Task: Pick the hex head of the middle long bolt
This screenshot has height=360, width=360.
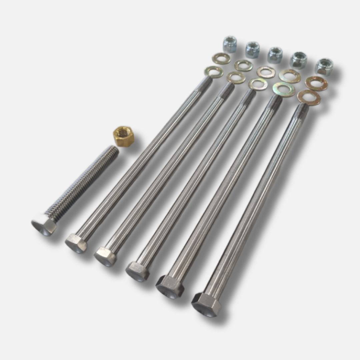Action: (137, 271)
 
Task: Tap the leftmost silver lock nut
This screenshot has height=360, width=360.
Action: (230, 45)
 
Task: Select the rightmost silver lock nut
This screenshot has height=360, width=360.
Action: (324, 67)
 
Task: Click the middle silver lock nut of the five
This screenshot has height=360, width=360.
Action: (275, 55)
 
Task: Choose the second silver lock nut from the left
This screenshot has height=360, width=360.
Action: (253, 50)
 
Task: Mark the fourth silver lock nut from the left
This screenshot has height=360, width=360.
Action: (299, 60)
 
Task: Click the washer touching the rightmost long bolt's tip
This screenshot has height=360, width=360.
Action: (309, 97)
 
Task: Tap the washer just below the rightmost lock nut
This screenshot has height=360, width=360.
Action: (316, 83)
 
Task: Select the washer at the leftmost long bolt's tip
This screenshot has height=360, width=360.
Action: (214, 72)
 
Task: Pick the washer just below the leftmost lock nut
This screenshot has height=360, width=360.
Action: (221, 59)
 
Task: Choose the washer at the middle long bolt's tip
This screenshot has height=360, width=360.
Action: (258, 84)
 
